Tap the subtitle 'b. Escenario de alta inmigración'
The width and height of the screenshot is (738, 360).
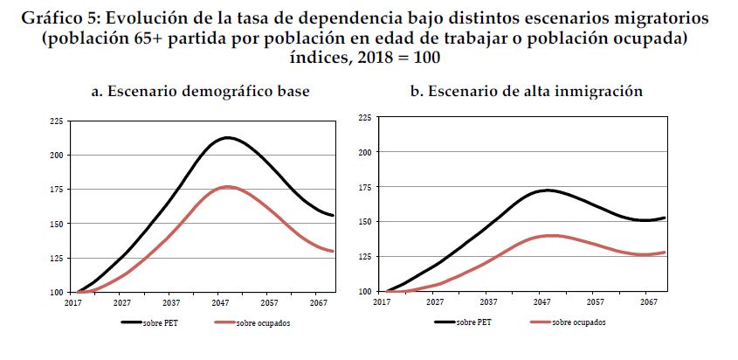click(527, 91)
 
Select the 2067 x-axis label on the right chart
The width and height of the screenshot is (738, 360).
click(649, 302)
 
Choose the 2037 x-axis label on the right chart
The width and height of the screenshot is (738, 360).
click(489, 302)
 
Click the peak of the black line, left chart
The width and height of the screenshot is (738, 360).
click(227, 137)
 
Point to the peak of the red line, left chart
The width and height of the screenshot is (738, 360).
click(227, 186)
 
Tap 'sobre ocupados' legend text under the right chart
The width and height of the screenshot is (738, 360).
click(578, 322)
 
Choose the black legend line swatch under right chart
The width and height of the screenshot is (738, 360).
click(447, 322)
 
